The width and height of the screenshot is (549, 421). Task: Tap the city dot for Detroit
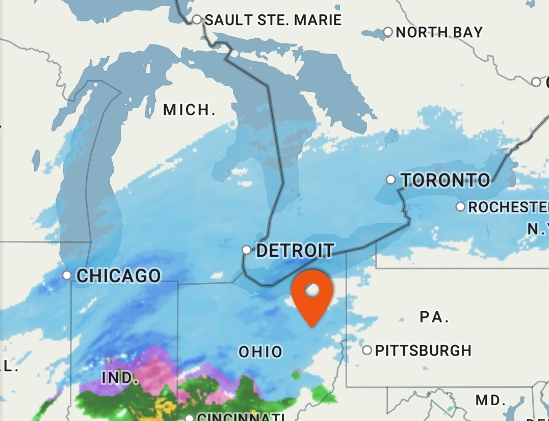click(247, 250)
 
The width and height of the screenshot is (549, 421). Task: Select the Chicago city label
click(118, 276)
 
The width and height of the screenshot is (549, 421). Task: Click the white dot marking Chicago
click(67, 275)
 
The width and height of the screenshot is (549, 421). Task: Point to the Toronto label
click(446, 180)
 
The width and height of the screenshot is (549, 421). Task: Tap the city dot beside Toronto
click(390, 179)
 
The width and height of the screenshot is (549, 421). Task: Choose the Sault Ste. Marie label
click(273, 20)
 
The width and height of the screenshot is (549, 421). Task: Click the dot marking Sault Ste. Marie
click(197, 20)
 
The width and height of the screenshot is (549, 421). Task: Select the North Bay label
click(439, 32)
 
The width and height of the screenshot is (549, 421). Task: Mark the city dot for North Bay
click(388, 32)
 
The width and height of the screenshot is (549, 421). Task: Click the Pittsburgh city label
click(423, 351)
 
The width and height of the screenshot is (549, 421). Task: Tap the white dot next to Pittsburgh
click(367, 350)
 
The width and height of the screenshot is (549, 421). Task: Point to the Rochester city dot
click(460, 207)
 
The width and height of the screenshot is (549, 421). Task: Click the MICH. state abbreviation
click(189, 109)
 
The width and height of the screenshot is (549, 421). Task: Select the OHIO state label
click(260, 352)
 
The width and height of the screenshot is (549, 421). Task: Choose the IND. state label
click(120, 378)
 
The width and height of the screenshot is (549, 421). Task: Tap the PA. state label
click(434, 317)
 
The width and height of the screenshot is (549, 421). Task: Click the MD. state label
click(490, 400)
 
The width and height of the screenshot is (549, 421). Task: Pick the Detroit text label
click(295, 251)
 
